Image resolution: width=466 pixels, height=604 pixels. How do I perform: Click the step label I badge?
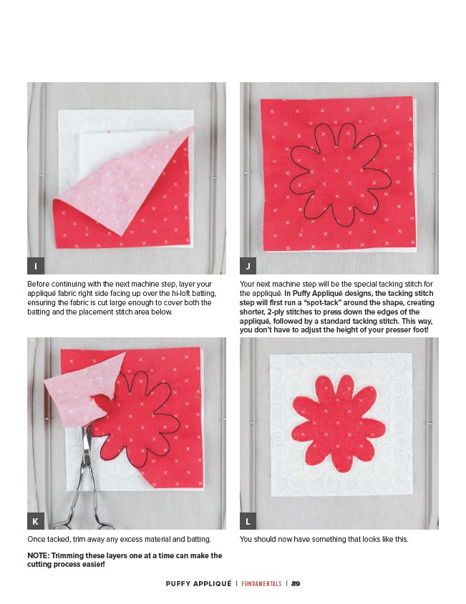(36, 266)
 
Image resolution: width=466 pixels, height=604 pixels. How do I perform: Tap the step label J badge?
(248, 266)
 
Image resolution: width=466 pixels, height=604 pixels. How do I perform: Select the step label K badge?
(36, 521)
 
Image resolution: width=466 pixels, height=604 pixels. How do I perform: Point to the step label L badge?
(248, 521)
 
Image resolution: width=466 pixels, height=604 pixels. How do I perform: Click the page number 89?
(296, 583)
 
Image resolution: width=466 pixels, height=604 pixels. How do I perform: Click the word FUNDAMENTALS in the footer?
(261, 583)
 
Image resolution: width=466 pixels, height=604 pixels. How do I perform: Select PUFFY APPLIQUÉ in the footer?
(199, 583)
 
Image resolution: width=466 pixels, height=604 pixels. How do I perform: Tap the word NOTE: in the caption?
(38, 555)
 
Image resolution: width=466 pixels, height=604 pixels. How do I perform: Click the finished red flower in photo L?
(339, 423)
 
